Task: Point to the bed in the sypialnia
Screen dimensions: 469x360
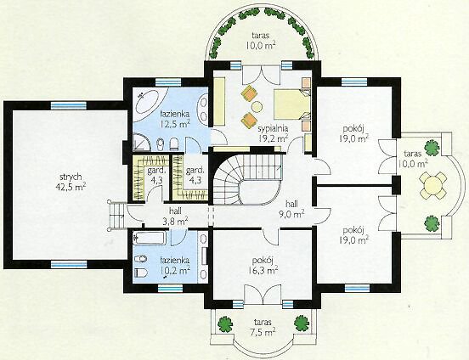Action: tap(292, 104)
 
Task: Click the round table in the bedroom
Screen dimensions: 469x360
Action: tap(257, 106)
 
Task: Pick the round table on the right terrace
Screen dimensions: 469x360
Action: tap(432, 185)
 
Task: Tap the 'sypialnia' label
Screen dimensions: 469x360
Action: tap(273, 129)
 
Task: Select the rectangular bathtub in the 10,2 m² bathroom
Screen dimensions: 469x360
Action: tap(150, 238)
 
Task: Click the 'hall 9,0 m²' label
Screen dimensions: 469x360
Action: tap(292, 209)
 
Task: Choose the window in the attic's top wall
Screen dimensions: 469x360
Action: tap(69, 105)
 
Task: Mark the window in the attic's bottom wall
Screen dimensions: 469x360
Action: tap(69, 264)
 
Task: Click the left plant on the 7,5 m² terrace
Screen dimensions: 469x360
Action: tap(225, 324)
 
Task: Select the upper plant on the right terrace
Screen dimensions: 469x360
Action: tap(432, 148)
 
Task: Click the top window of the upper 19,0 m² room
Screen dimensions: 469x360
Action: tap(354, 82)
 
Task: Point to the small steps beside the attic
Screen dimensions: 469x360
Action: tap(117, 215)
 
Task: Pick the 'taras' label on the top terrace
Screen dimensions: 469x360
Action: tap(260, 36)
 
